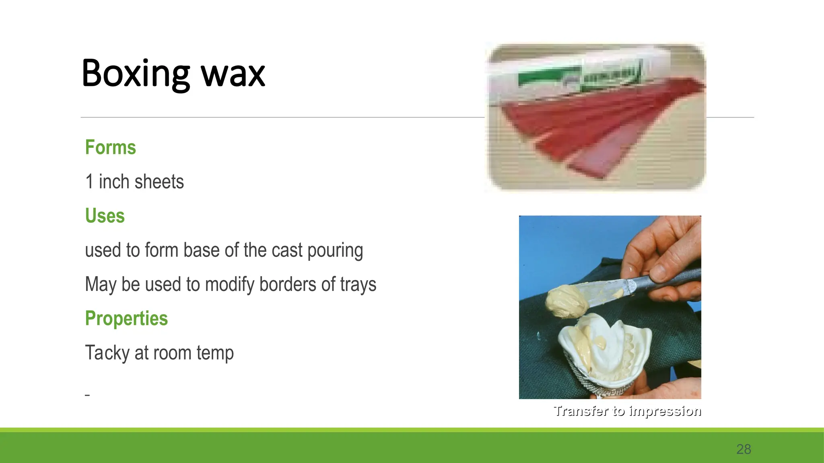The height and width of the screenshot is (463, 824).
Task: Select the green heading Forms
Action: (x=110, y=148)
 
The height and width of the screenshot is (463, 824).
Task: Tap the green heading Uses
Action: (x=105, y=216)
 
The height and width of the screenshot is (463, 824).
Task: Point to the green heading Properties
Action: (x=126, y=318)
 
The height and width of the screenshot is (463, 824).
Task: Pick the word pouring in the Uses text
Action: (x=335, y=251)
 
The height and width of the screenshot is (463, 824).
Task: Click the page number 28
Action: (x=744, y=449)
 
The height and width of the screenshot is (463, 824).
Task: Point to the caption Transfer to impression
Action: (x=627, y=411)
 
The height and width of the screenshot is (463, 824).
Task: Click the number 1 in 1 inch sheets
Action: (x=89, y=182)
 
